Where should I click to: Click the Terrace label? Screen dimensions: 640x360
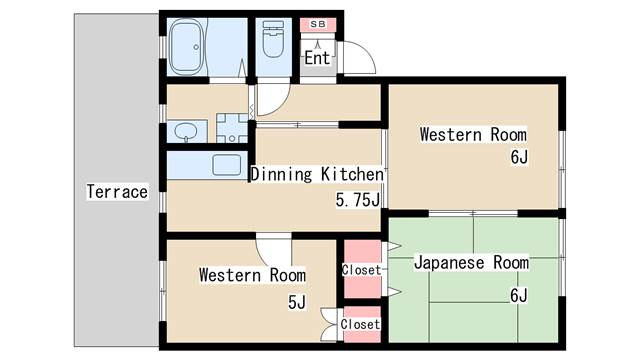tap(117, 191)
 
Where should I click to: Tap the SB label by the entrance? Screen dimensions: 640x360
tap(318, 24)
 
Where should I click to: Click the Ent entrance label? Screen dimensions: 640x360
tap(317, 58)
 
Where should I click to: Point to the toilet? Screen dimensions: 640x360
tap(273, 39)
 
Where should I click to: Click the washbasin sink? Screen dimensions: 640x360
tap(186, 132)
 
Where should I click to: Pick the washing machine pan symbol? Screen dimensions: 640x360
tap(232, 128)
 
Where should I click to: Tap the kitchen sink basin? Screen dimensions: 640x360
tap(227, 165)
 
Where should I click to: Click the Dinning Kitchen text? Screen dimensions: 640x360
tap(317, 174)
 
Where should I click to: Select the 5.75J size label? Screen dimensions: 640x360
tap(358, 200)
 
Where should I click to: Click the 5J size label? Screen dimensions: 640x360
tap(297, 302)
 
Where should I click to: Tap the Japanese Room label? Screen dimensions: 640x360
tap(471, 262)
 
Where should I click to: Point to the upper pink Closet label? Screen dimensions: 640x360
tap(361, 270)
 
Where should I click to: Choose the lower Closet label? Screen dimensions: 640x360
tap(360, 324)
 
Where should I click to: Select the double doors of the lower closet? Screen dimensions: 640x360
tap(330, 324)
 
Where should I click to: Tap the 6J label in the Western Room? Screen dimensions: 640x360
tap(519, 157)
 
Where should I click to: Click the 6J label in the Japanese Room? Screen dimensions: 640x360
tap(519, 295)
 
